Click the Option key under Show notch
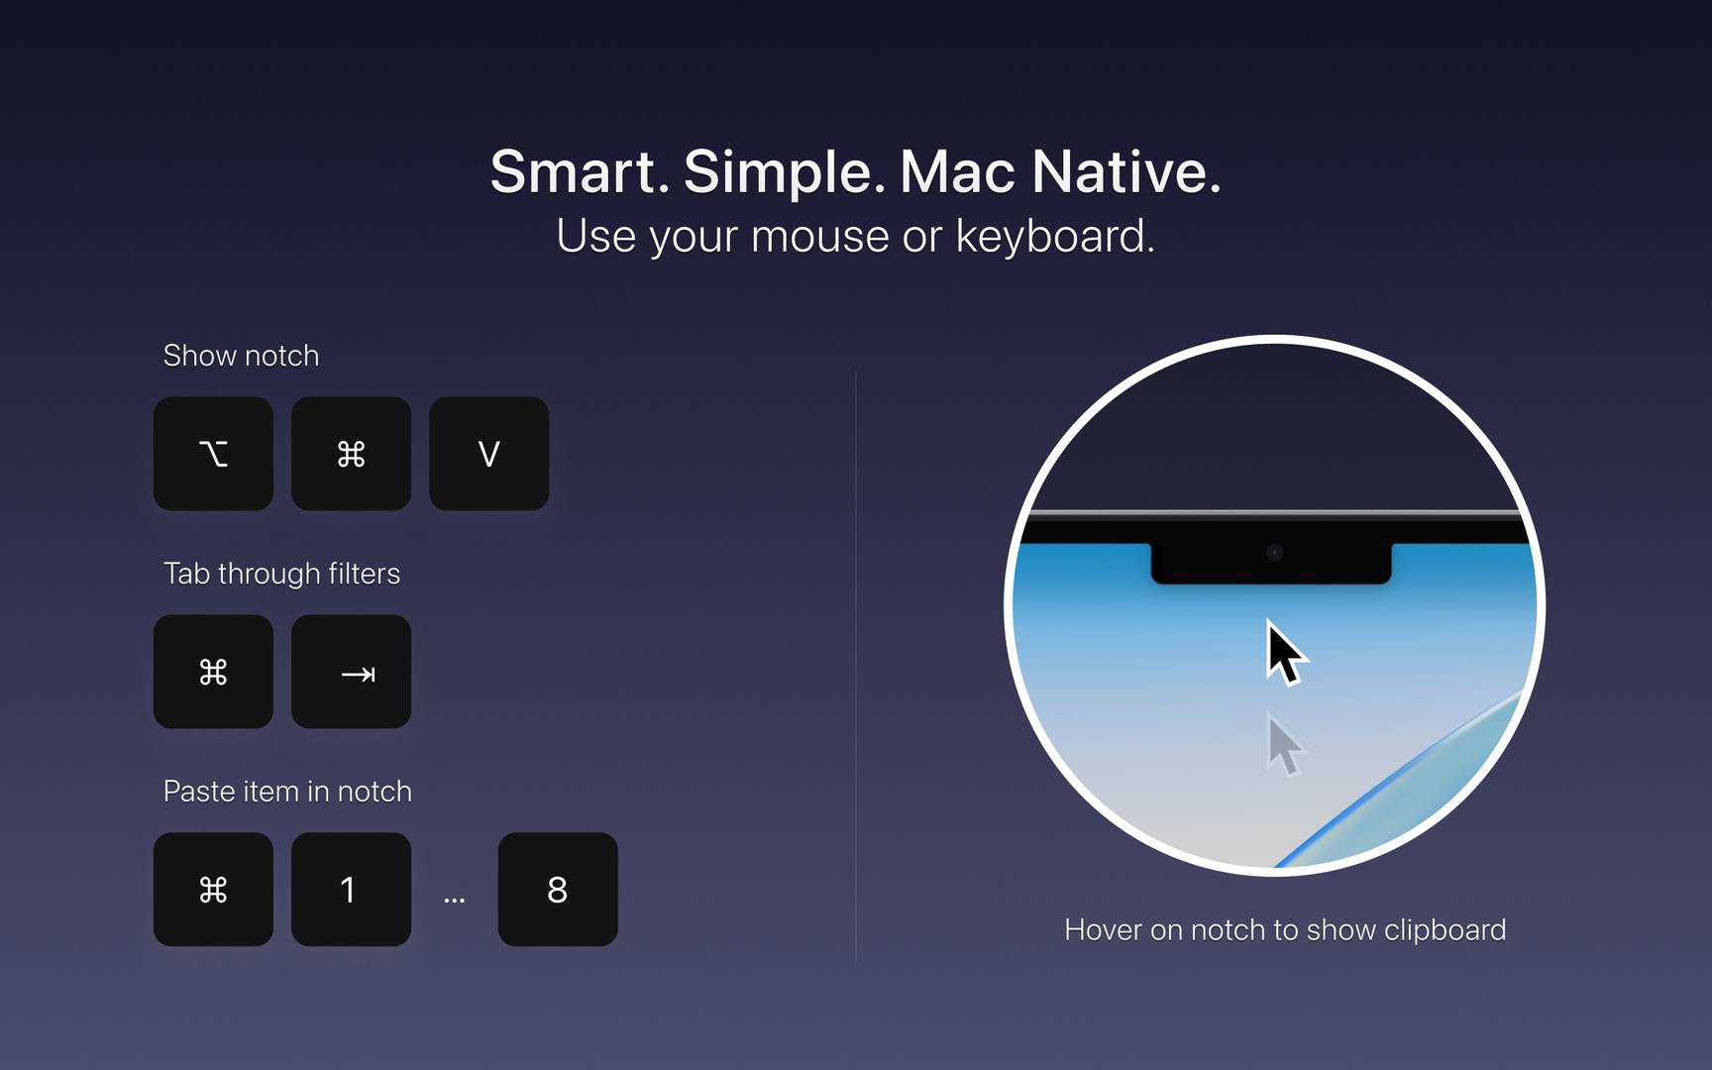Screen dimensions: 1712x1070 point(213,454)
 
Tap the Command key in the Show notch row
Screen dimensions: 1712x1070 point(351,454)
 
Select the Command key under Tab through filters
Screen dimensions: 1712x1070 point(213,672)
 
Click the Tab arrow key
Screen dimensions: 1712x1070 point(351,672)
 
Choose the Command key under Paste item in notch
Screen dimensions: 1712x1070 point(213,890)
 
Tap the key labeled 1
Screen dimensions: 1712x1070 point(351,890)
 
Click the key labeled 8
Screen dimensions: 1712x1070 point(558,890)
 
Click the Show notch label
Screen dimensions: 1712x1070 point(241,356)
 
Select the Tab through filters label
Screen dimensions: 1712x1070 point(281,574)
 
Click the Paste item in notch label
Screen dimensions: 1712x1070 point(287,792)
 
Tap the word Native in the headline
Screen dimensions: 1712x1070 point(1126,171)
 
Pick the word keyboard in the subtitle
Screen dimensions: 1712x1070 point(1055,236)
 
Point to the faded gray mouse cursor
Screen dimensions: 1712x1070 point(1286,745)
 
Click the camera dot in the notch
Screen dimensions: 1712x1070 point(1275,553)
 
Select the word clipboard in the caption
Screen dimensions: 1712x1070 point(1444,930)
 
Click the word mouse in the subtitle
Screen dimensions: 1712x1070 point(820,238)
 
